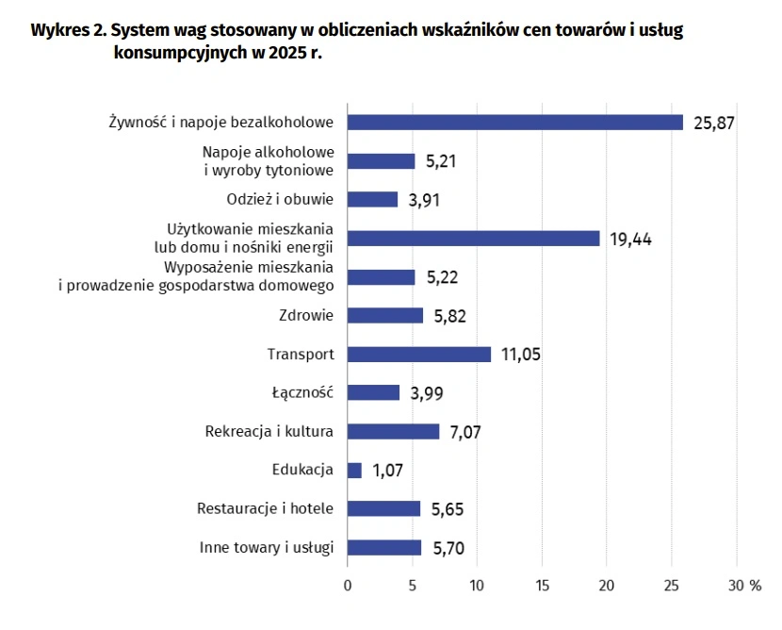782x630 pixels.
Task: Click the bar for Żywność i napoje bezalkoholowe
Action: (x=515, y=123)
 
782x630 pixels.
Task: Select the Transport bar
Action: (x=419, y=355)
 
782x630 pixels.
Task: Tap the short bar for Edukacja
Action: (x=354, y=471)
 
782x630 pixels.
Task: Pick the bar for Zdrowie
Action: (x=385, y=316)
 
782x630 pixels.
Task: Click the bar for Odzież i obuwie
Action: (x=373, y=200)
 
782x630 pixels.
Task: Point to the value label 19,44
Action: (x=630, y=239)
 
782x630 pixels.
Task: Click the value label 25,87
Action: (x=713, y=123)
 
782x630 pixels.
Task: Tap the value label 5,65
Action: (x=448, y=509)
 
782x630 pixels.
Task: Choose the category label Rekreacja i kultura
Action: (x=269, y=432)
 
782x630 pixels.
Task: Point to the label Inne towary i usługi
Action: (x=267, y=548)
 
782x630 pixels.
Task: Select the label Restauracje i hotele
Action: (x=265, y=509)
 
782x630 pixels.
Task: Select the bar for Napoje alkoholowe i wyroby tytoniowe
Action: (x=382, y=161)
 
